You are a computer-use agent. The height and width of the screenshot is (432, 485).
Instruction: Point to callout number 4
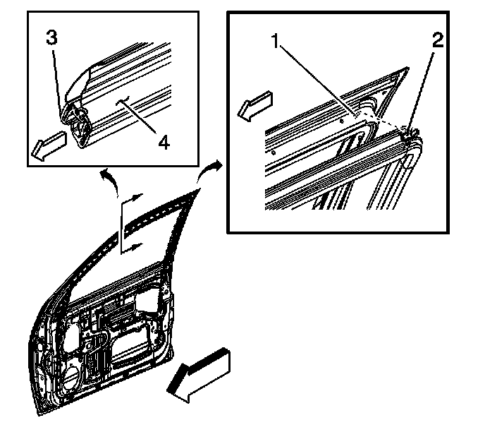(x=163, y=142)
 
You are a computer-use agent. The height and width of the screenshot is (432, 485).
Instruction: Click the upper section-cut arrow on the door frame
(x=135, y=200)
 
